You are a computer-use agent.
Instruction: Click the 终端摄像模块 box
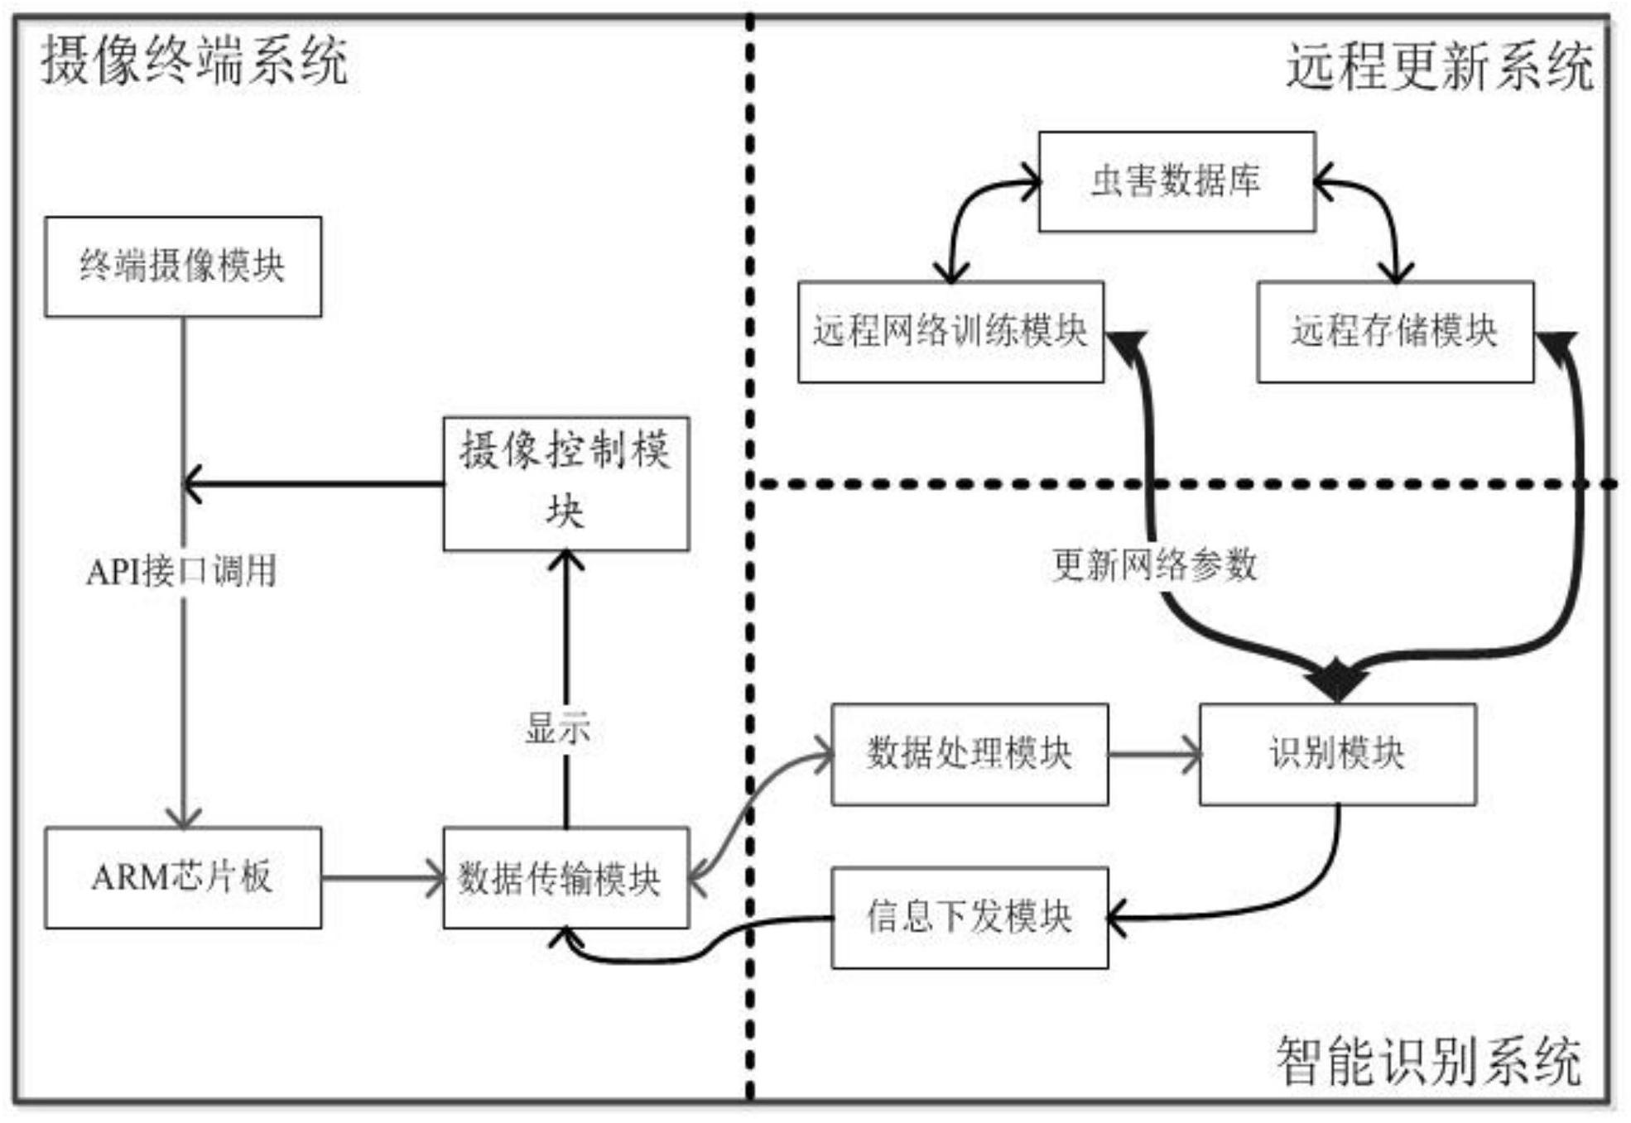coord(183,266)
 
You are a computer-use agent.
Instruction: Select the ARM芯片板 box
coord(183,877)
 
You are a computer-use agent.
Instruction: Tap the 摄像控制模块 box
coord(566,483)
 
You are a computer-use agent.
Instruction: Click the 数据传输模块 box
coord(566,877)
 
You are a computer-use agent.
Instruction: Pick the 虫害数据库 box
coord(1176,181)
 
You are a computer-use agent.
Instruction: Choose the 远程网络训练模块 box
coord(950,332)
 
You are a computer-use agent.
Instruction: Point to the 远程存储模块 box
coord(1395,332)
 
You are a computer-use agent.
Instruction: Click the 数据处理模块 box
coord(969,754)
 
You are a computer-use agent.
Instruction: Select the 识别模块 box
coord(1337,754)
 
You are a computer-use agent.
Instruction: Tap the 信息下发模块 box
coord(969,918)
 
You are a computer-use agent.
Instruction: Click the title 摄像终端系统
coord(195,60)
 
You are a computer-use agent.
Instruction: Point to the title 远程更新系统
coord(1440,65)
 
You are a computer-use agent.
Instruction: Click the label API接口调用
coord(181,571)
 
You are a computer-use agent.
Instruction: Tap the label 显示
coord(558,729)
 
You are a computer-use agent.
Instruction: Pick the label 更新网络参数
coord(1155,565)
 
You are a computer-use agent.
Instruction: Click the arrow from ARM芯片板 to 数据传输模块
coord(382,877)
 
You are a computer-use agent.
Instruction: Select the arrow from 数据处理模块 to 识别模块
coord(1154,754)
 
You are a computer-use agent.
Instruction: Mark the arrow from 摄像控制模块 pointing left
coord(313,483)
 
